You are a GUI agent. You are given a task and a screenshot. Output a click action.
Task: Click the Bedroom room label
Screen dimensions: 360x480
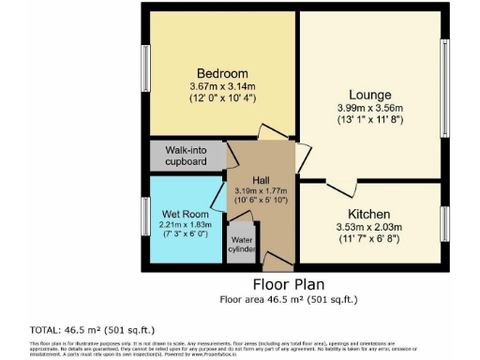(x=222, y=74)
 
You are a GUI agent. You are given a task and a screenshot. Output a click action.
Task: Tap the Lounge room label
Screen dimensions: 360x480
(x=370, y=95)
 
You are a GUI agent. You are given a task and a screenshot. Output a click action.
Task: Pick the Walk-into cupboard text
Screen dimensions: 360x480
(x=187, y=155)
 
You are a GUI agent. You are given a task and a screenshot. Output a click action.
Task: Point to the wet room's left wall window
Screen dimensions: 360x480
(x=145, y=217)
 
